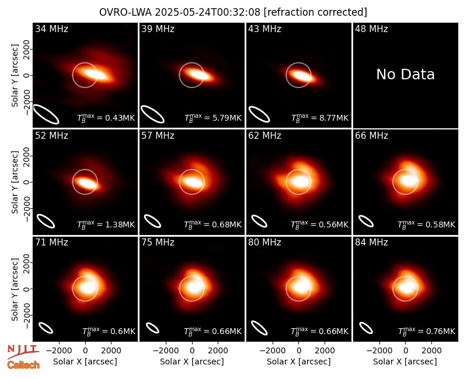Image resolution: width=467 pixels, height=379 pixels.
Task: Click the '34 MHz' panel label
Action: coord(51,29)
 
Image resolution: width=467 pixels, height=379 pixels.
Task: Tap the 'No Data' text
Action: coord(405,74)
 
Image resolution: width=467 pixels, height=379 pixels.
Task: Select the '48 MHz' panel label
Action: coord(371,29)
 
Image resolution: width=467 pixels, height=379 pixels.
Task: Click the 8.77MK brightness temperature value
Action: coord(319,118)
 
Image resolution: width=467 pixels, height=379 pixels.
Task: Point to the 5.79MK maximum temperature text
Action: coord(213,118)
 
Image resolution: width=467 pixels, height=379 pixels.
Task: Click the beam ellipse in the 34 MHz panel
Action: coord(46,114)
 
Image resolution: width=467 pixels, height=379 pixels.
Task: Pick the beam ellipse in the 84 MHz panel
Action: coord(366,328)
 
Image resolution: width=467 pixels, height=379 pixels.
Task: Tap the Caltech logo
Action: coord(23,365)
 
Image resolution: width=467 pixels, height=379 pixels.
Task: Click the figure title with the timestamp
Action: coord(233,12)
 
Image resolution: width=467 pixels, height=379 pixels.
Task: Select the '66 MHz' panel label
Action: coord(371,136)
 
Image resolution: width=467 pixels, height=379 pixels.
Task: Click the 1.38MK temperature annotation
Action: coord(106,224)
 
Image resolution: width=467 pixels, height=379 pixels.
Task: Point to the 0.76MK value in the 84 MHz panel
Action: coord(427,331)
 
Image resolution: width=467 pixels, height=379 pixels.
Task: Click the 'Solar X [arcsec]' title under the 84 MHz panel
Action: coord(405,362)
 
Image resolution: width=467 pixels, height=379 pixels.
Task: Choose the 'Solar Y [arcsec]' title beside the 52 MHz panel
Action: coord(15,182)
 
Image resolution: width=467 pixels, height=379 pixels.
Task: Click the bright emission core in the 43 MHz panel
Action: coord(300,75)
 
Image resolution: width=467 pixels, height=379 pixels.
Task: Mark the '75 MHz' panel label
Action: coord(158,243)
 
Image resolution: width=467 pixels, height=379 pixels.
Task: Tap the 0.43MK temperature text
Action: coord(106,118)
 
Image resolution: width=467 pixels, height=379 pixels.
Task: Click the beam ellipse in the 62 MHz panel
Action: coord(259,222)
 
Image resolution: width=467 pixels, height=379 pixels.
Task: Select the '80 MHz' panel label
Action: coord(264,243)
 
